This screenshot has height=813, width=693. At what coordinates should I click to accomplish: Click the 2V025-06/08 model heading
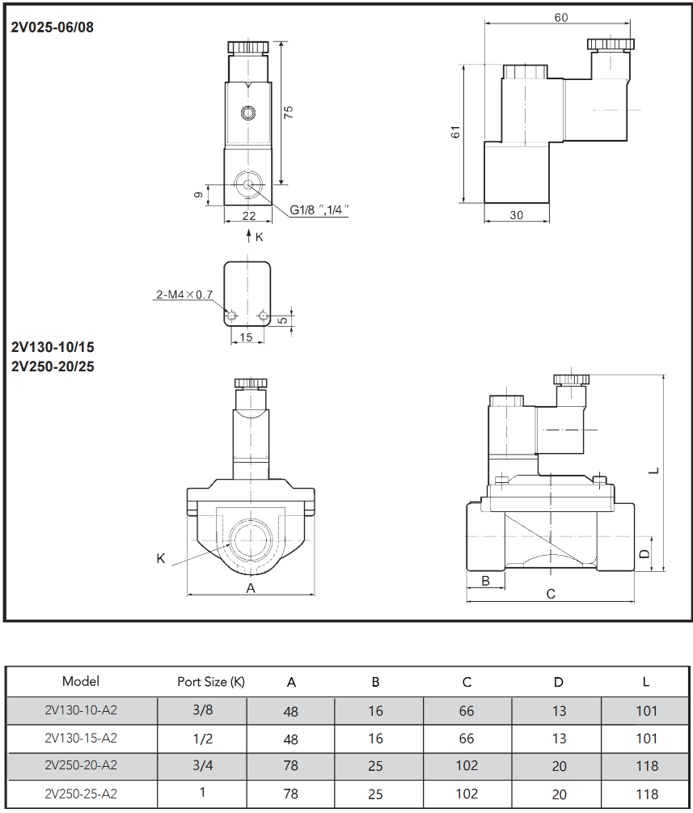(x=53, y=28)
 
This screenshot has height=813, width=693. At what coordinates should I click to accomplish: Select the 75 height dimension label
(x=289, y=112)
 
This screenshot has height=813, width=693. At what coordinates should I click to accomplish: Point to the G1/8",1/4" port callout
(x=319, y=210)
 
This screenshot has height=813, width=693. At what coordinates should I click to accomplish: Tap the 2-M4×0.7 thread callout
(x=184, y=294)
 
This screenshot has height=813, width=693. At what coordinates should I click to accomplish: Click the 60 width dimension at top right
(x=561, y=18)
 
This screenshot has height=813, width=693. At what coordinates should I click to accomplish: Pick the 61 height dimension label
(x=455, y=132)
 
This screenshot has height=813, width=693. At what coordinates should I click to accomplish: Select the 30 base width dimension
(x=516, y=215)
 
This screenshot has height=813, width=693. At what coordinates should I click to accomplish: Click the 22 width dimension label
(x=249, y=216)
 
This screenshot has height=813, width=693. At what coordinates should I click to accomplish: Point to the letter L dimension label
(x=654, y=471)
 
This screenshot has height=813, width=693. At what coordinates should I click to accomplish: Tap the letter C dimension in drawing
(x=551, y=595)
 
